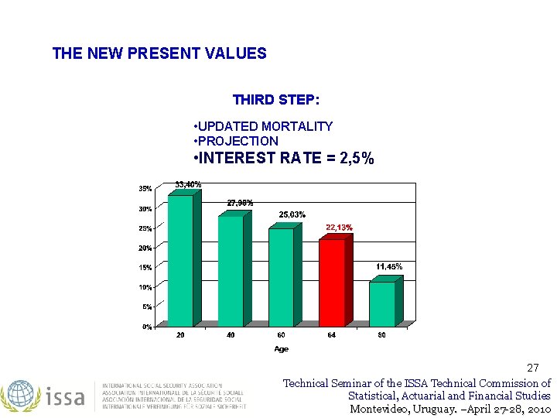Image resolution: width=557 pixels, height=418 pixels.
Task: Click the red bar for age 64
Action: tap(331, 283)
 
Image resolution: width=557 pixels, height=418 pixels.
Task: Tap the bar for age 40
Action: tap(231, 271)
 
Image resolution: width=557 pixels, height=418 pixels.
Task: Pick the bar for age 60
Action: tap(281, 277)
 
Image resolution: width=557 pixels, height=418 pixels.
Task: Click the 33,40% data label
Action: tap(188, 184)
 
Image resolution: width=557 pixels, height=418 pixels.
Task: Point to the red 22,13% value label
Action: tap(339, 228)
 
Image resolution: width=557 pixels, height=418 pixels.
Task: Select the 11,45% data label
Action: tap(389, 266)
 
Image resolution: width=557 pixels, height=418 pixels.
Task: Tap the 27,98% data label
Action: tap(240, 203)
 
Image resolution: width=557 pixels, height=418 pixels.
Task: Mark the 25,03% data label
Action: tap(292, 214)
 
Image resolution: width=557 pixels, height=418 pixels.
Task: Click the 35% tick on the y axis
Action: tap(145, 189)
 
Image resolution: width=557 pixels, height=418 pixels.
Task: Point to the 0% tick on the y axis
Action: tap(146, 327)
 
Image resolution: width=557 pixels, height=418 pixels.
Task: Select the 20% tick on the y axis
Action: tap(145, 248)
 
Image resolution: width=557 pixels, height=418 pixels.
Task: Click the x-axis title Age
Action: tap(281, 349)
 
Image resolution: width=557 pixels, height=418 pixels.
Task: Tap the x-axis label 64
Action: tap(331, 334)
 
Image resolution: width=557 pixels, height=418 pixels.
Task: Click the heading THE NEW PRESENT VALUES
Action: tap(159, 54)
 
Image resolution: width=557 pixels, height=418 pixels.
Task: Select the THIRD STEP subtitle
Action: tap(276, 100)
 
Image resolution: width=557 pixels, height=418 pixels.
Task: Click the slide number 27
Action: tap(532, 368)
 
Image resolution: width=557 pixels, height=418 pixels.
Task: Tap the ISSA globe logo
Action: tap(19, 395)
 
